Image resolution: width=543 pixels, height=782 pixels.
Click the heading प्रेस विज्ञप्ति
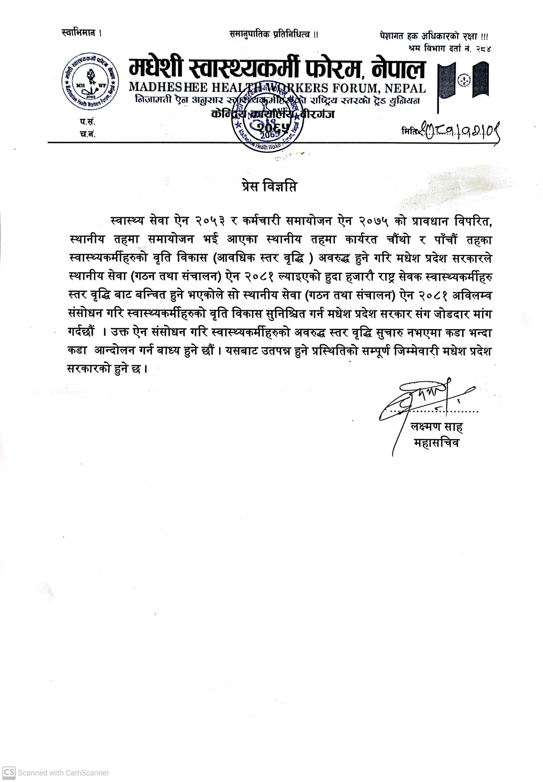tap(270, 188)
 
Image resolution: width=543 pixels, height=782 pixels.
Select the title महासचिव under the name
tap(436, 443)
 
